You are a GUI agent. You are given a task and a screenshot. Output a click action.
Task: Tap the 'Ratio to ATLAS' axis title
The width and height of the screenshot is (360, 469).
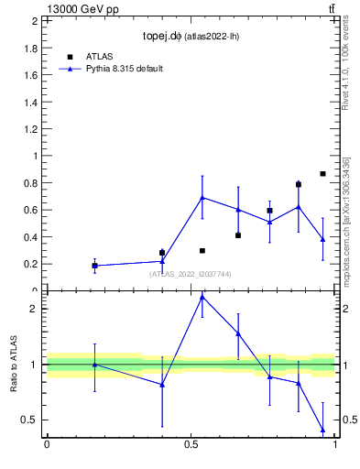click(15, 366)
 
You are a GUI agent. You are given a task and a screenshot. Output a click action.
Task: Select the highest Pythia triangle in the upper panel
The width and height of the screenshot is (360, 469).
click(202, 197)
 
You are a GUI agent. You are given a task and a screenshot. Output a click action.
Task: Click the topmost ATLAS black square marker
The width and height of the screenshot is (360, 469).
click(322, 173)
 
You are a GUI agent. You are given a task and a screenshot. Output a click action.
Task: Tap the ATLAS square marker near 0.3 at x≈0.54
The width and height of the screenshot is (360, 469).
click(202, 250)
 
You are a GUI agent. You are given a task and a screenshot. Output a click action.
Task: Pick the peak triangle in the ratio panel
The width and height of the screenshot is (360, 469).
click(202, 297)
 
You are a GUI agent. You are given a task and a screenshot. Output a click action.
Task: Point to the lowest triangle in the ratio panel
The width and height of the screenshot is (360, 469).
click(322, 430)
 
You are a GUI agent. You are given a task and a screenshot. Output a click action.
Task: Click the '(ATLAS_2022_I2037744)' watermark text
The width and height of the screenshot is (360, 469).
click(191, 274)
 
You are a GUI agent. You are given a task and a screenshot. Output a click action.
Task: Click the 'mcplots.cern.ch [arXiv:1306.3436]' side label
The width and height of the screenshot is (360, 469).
click(345, 221)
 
